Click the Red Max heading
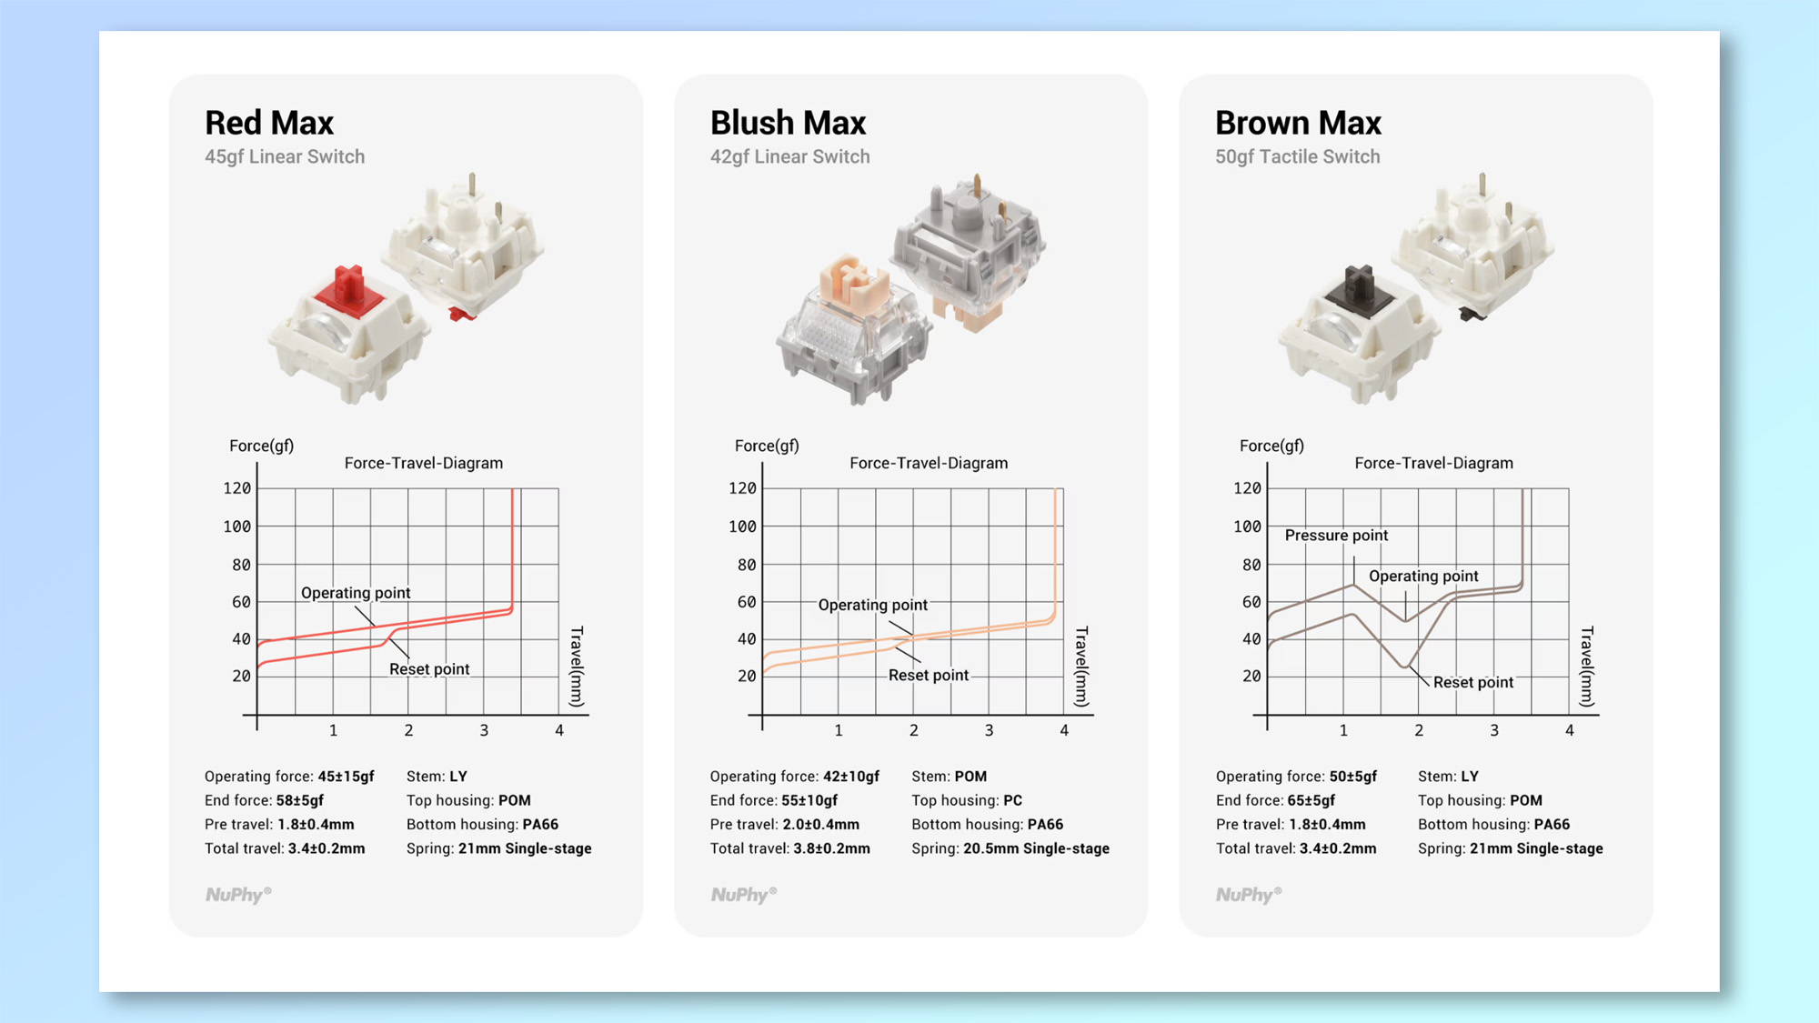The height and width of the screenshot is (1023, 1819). click(269, 123)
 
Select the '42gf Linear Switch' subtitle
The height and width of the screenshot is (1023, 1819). click(789, 156)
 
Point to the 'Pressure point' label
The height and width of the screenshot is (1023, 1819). click(1336, 536)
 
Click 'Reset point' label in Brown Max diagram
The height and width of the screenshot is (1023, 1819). click(1472, 682)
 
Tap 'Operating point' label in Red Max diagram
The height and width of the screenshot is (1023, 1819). click(356, 593)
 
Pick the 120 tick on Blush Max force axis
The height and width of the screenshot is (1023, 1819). click(742, 488)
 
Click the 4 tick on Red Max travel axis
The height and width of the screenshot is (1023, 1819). click(559, 730)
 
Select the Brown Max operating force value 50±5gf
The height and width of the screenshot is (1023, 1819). click(1352, 777)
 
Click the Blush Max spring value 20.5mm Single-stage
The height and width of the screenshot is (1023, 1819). click(1036, 848)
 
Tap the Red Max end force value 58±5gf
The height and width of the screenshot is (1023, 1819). click(299, 800)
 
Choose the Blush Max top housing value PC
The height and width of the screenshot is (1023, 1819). click(1012, 800)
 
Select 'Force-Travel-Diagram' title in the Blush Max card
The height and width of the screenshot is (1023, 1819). click(929, 463)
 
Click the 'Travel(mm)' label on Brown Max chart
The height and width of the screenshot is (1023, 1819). click(1586, 667)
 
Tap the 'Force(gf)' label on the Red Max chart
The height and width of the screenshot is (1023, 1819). click(261, 446)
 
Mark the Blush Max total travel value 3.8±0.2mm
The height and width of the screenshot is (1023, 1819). click(831, 848)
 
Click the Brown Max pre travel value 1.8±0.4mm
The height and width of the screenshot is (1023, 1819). click(1327, 825)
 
